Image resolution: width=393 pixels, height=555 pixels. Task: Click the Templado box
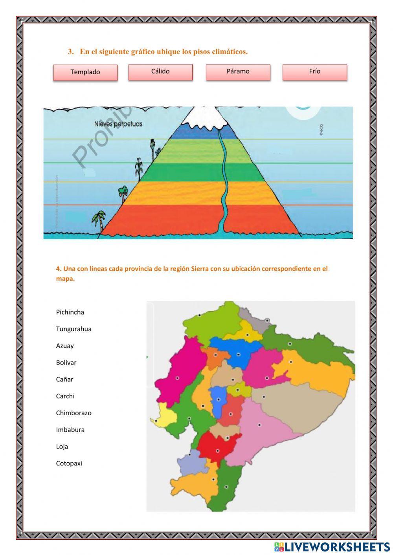pyautogui.click(x=85, y=72)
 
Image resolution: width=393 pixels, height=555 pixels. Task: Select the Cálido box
pyautogui.click(x=160, y=72)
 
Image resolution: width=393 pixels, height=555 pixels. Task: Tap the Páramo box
pyautogui.click(x=238, y=72)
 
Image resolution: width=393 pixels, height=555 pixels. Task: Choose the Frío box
pyautogui.click(x=314, y=72)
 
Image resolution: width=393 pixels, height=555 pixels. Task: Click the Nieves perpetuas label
pyautogui.click(x=118, y=124)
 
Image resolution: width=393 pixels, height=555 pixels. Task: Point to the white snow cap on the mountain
pyautogui.click(x=205, y=118)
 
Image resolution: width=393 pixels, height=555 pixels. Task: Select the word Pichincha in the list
pyautogui.click(x=70, y=312)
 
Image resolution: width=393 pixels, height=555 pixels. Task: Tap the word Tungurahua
pyautogui.click(x=73, y=329)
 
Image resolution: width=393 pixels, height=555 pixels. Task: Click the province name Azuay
pyautogui.click(x=65, y=346)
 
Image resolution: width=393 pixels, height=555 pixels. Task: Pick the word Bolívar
pyautogui.click(x=66, y=363)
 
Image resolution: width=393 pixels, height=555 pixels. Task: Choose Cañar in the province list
pyautogui.click(x=64, y=379)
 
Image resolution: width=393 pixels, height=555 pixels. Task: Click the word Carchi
pyautogui.click(x=65, y=396)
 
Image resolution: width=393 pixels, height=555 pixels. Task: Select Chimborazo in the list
pyautogui.click(x=73, y=413)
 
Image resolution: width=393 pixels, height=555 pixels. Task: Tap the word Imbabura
pyautogui.click(x=70, y=430)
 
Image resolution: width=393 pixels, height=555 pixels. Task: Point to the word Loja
pyautogui.click(x=62, y=447)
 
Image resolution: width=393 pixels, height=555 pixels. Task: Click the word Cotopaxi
pyautogui.click(x=69, y=463)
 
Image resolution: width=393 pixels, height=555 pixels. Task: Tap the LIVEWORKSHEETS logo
pyautogui.click(x=332, y=547)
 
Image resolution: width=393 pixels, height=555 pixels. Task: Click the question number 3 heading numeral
pyautogui.click(x=71, y=52)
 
